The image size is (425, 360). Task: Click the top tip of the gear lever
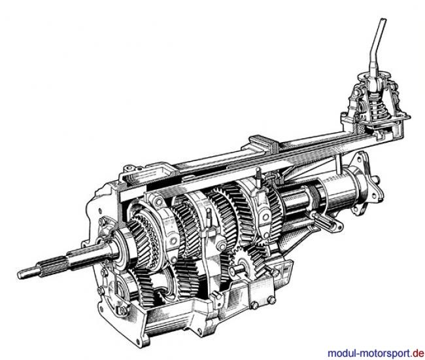point(382,19)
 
